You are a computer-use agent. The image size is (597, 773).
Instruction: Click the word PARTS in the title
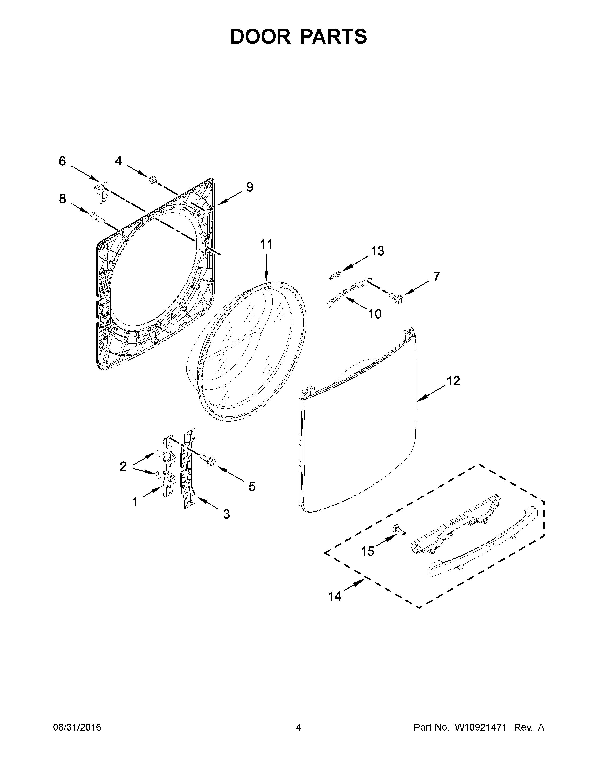pos(334,37)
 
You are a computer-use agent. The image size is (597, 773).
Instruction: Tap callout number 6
pos(62,161)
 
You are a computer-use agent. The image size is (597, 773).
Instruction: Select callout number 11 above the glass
pos(266,244)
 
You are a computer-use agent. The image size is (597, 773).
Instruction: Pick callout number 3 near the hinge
pos(226,514)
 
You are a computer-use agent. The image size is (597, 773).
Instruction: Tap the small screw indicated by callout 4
pos(153,180)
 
